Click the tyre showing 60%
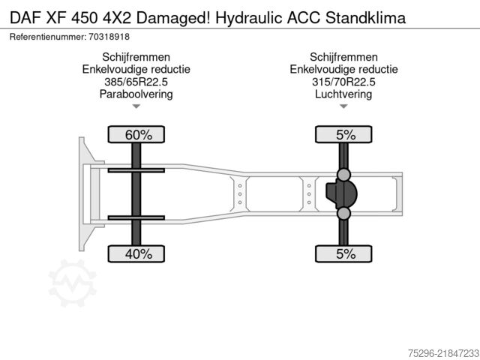tap(136, 134)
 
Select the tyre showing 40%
tap(136, 253)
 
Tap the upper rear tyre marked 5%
tap(343, 134)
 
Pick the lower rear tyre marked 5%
tap(343, 253)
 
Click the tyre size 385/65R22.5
tap(136, 82)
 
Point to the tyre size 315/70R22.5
tap(343, 82)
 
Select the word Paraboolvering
tap(136, 94)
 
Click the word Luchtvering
tap(343, 94)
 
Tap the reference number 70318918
tap(109, 37)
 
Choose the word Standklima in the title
tap(366, 18)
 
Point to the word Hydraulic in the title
tap(248, 18)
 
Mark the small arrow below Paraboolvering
tap(136, 106)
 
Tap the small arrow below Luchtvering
tap(343, 106)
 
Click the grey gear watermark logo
tap(73, 282)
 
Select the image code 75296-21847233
tap(443, 353)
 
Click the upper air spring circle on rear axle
tap(343, 175)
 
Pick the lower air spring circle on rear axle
tap(343, 213)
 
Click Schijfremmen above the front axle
tap(136, 57)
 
